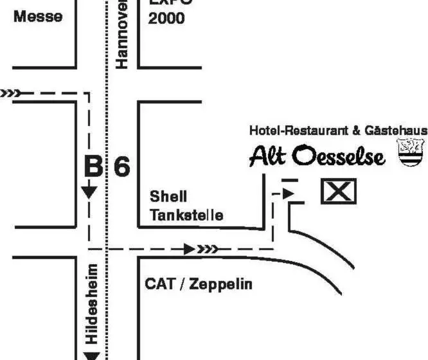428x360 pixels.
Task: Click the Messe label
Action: tap(38, 17)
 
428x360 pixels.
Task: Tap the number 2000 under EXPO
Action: tap(166, 18)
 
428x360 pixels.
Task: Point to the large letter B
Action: tap(93, 166)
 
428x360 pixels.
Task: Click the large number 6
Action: tap(122, 166)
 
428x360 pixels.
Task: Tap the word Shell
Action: tap(168, 196)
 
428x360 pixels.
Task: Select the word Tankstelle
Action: tap(187, 215)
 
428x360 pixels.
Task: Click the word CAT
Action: tap(159, 283)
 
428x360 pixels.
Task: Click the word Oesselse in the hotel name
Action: tap(339, 156)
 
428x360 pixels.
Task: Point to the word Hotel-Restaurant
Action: tap(299, 130)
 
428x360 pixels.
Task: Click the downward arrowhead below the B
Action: tap(89, 191)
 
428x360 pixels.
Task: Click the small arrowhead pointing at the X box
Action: tap(289, 192)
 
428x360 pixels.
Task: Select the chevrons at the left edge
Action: tap(9, 93)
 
